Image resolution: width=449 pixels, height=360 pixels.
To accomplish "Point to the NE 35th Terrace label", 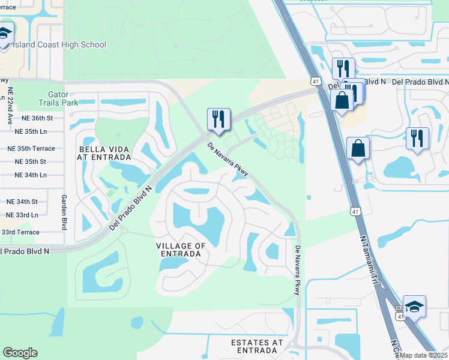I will coord(31,148).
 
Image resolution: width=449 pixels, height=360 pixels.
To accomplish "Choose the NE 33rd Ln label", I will coord(22,215).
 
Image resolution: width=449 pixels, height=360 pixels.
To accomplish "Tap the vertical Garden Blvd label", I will coord(64,212).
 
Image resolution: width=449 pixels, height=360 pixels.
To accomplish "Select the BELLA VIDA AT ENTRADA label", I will coord(103,152).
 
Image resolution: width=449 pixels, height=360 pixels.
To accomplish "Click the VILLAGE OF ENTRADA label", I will coord(181,250).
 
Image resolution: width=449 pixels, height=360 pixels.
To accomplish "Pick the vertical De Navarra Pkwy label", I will coord(297,269).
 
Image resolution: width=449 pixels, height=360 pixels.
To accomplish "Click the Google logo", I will coord(20,353).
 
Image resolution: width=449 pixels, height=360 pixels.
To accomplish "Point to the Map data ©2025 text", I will coord(423,355).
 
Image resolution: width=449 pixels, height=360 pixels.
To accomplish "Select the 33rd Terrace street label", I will coord(20,232).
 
